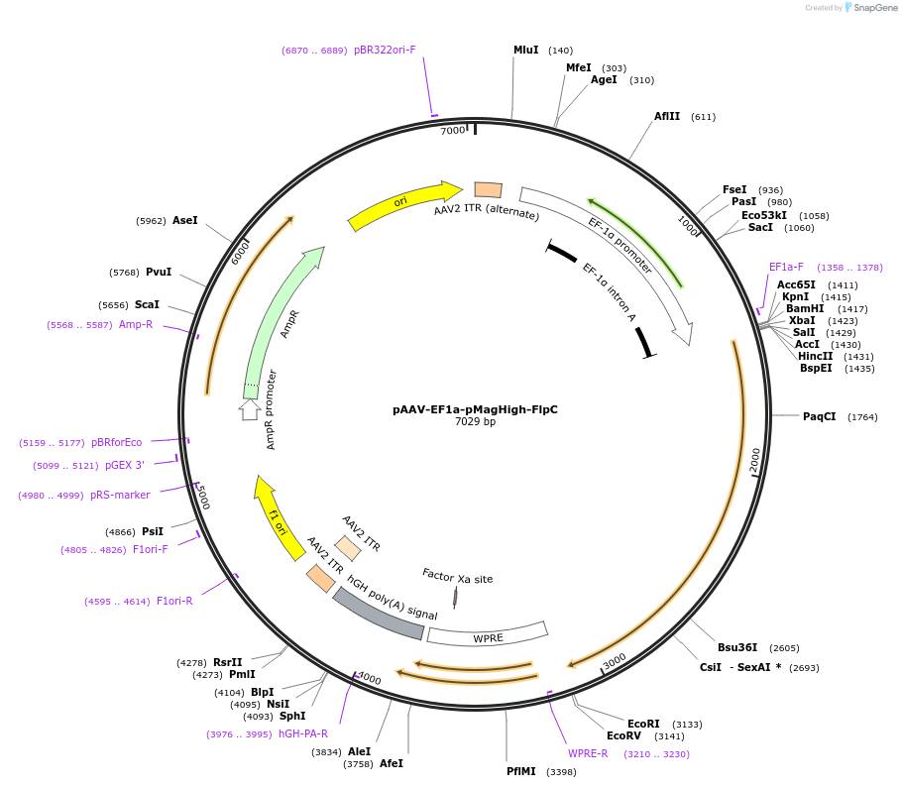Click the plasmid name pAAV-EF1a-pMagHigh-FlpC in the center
point(475,409)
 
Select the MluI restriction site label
point(525,50)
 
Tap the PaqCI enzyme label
point(820,416)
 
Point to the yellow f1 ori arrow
point(279,518)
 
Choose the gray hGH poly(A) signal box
point(379,614)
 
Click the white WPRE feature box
point(488,635)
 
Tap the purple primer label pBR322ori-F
point(385,50)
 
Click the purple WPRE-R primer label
point(588,753)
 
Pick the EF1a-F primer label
point(786,267)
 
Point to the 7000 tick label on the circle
point(452,131)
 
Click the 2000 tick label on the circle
point(755,459)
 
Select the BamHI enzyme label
point(805,308)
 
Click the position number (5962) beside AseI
point(151,221)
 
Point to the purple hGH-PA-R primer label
point(302,733)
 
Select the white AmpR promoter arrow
point(250,407)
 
